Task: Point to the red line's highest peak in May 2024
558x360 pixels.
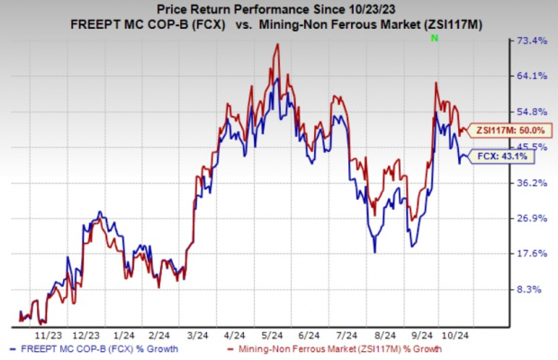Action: pyautogui.click(x=274, y=44)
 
